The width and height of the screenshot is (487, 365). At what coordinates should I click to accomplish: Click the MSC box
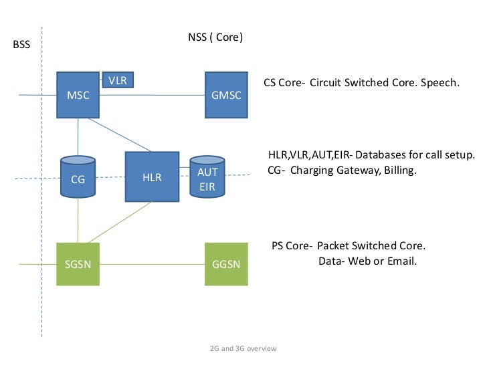(x=78, y=95)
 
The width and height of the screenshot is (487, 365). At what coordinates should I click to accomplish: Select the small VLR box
(x=118, y=80)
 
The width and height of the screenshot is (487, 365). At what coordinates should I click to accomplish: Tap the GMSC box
(x=225, y=95)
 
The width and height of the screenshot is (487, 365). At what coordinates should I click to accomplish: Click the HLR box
(x=152, y=177)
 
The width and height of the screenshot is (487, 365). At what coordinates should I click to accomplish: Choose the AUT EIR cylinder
(x=207, y=178)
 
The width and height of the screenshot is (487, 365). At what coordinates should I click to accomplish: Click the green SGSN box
(x=78, y=263)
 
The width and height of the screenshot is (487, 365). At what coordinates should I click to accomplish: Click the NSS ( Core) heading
(x=215, y=37)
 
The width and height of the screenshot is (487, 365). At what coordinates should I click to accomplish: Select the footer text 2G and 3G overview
(x=243, y=349)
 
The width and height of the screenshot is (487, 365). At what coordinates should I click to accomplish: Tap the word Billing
(x=399, y=170)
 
